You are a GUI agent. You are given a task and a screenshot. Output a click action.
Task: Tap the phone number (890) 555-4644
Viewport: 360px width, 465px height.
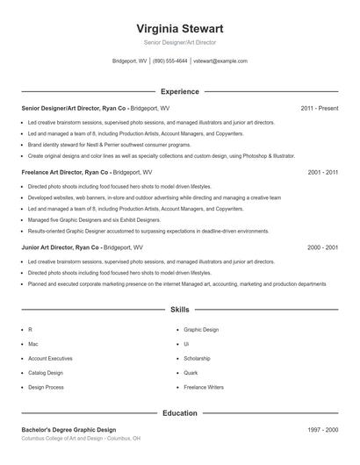[x=170, y=61]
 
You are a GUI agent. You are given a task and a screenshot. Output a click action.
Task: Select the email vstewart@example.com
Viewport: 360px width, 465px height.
[x=220, y=61]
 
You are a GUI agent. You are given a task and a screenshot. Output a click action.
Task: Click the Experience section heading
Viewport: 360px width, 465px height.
[x=179, y=91]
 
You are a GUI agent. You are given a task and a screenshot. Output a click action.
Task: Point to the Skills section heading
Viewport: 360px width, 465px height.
[x=179, y=310]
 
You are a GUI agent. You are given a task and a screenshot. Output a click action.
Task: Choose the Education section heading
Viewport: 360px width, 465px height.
[x=179, y=412]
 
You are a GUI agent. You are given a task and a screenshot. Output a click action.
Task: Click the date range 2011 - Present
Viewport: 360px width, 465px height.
[x=319, y=108]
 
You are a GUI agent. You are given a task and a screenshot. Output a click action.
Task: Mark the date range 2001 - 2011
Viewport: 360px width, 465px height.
[x=322, y=173]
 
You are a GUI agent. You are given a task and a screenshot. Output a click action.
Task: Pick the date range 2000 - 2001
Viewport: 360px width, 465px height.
[x=322, y=248]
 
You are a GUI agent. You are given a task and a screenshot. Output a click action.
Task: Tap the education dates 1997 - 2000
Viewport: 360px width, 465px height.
[x=322, y=430]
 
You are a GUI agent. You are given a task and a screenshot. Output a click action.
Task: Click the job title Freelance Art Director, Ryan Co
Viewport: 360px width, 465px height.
[x=66, y=173]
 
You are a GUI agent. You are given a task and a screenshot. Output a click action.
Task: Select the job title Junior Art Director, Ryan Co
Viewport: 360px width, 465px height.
[x=61, y=248]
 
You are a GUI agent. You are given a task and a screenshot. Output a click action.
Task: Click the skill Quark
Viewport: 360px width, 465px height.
[x=191, y=372]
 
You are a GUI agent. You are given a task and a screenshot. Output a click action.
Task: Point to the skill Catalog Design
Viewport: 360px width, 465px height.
[x=47, y=372]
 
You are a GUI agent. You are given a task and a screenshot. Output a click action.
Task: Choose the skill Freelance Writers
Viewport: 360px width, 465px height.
[x=203, y=386]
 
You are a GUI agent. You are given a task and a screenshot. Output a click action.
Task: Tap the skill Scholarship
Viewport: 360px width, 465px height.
[x=198, y=358]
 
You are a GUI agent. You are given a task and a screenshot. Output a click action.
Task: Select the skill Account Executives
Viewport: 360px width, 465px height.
[x=50, y=358]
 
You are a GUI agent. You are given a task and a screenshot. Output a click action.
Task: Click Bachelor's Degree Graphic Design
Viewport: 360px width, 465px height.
[x=68, y=430]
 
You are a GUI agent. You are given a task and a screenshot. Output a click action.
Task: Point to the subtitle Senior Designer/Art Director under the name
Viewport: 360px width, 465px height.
[x=179, y=42]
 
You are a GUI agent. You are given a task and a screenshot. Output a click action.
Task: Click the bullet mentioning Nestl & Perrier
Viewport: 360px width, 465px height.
[x=109, y=143]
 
